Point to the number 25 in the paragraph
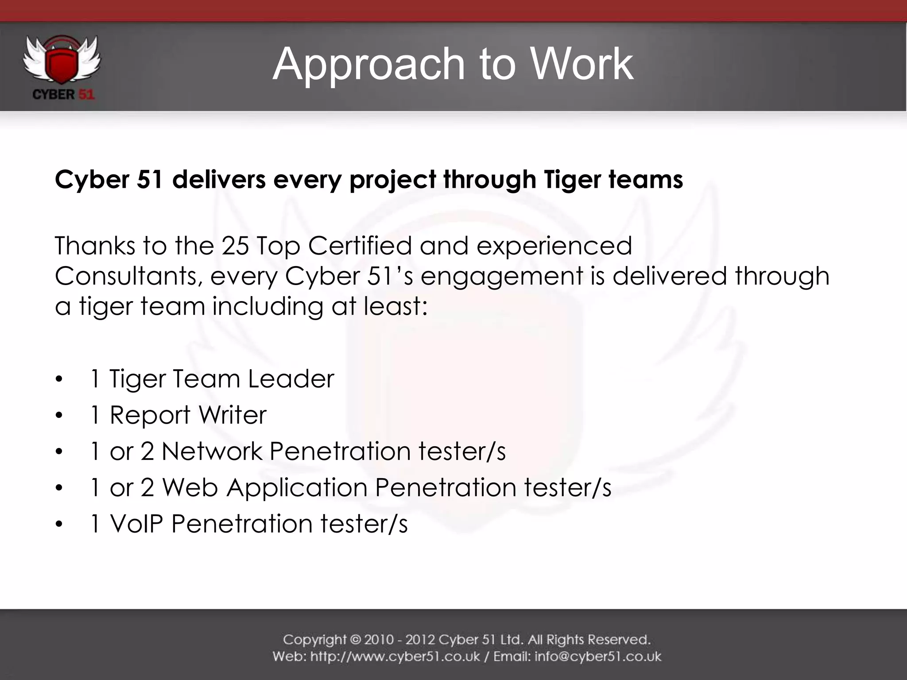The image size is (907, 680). coord(235,246)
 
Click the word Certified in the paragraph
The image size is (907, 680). coord(360,246)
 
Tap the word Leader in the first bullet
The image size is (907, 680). coord(291,379)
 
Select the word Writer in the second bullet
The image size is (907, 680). coord(232,415)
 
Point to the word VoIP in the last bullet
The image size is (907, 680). coord(136,524)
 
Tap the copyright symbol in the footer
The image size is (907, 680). coord(355,640)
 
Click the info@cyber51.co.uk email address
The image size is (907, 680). coord(598,657)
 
